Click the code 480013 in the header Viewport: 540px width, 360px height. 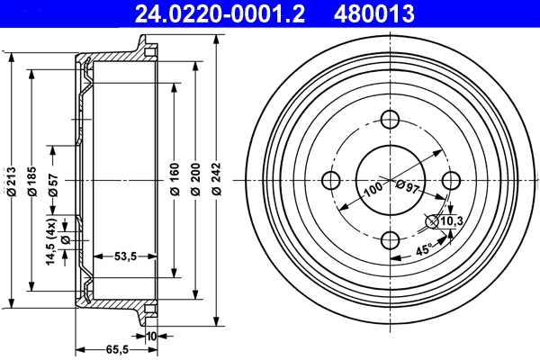(x=372, y=13)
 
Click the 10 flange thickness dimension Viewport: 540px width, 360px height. (x=150, y=336)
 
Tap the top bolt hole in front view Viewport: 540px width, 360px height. (x=390, y=120)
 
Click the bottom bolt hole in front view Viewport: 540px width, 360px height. (x=390, y=239)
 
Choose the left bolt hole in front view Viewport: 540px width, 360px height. (x=330, y=179)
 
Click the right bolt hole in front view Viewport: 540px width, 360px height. (x=450, y=179)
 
